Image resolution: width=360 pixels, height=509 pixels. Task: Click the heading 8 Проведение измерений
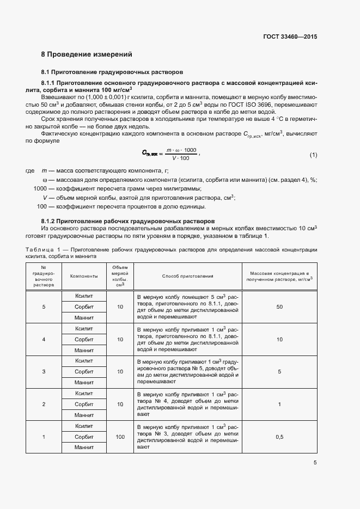[87, 54]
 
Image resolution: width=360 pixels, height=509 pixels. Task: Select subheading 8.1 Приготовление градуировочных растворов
[112, 72]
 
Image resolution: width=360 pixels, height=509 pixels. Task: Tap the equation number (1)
[313, 155]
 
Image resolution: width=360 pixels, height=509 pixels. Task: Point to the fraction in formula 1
[181, 154]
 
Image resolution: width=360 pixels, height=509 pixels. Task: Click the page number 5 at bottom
[315, 463]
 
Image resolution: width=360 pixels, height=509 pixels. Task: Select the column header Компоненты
[84, 276]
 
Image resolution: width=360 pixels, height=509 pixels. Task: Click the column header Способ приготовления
[187, 276]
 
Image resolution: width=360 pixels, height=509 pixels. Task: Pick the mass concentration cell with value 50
[279, 307]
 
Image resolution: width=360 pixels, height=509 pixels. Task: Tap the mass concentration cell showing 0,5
[279, 437]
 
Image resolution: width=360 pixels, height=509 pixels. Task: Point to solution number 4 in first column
[44, 340]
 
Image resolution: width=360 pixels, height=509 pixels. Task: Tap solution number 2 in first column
[44, 404]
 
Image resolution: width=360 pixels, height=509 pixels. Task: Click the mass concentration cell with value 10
[279, 340]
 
